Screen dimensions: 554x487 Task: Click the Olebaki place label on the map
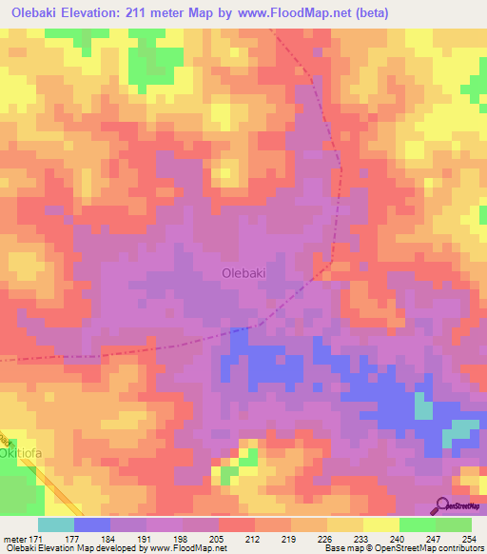click(243, 272)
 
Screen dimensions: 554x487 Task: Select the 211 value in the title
click(178, 13)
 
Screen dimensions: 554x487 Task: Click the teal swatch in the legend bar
click(56, 524)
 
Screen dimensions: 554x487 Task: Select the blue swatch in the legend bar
click(92, 524)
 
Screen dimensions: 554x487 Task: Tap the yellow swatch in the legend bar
click(380, 524)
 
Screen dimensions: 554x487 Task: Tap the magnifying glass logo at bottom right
click(443, 505)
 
